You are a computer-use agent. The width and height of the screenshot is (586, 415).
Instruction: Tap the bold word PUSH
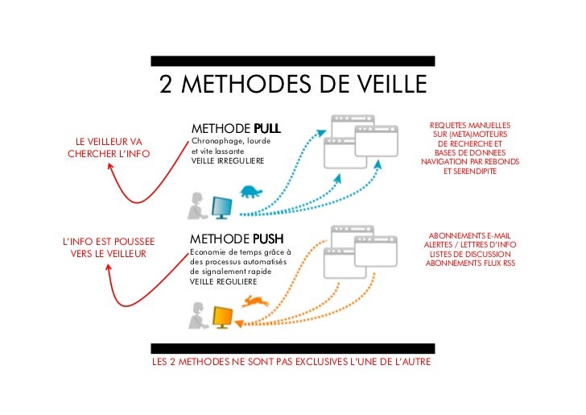(x=267, y=239)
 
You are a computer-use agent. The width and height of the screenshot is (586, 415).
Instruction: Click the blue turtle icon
(x=251, y=192)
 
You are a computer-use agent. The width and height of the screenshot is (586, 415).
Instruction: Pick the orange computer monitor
(x=221, y=317)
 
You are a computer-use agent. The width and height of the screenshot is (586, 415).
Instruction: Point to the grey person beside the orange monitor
(x=196, y=316)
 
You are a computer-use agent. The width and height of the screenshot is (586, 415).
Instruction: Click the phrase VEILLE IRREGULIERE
(x=227, y=161)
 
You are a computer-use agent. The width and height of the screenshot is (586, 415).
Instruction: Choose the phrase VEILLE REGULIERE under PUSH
(x=224, y=282)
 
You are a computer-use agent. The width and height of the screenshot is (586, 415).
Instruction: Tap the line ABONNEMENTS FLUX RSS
(x=470, y=264)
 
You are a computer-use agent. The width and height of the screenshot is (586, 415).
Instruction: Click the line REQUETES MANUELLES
(x=470, y=125)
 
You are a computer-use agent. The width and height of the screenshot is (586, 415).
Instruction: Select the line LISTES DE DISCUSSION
(x=470, y=254)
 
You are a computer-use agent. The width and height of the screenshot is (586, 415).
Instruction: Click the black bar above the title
(x=293, y=60)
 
